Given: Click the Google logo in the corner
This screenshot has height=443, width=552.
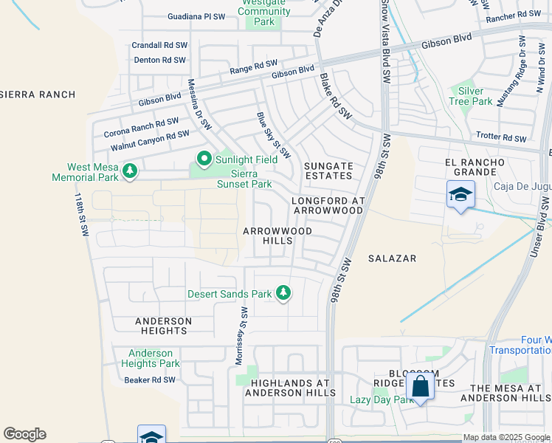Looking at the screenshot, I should (x=24, y=434).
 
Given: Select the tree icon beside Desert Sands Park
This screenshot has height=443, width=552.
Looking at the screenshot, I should (x=283, y=294).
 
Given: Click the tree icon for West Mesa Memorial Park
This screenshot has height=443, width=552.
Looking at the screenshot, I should (x=130, y=171).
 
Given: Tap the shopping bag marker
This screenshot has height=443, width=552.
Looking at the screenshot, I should (x=420, y=386).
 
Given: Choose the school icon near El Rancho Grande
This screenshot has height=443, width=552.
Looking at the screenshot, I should (x=460, y=194).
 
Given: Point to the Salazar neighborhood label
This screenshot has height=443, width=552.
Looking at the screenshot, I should (x=392, y=258).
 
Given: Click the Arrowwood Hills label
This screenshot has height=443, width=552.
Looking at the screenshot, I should (x=277, y=236).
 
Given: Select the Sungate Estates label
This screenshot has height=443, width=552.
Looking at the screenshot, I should (x=328, y=171).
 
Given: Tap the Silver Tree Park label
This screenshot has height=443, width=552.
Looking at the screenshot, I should (x=470, y=95).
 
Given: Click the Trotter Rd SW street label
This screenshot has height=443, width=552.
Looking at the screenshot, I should (x=500, y=138).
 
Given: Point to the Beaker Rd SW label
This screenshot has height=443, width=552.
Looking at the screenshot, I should (x=150, y=380).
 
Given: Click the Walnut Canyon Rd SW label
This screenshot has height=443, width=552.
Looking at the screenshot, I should (x=150, y=140).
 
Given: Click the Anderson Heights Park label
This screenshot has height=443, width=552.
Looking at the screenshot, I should (x=151, y=358).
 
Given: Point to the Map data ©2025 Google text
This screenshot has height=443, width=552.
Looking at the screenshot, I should (x=506, y=437).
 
